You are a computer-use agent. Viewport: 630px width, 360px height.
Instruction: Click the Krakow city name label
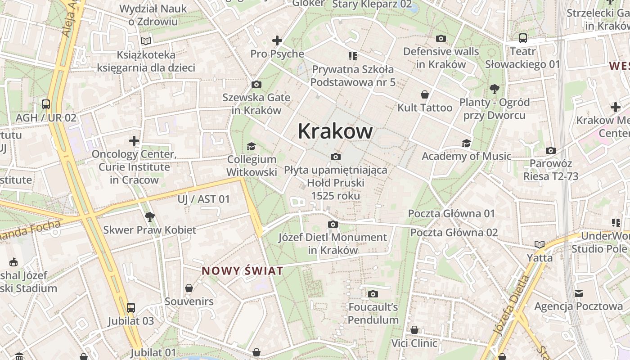[x=335, y=131]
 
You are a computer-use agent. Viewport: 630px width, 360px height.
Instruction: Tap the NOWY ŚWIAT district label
[x=243, y=271]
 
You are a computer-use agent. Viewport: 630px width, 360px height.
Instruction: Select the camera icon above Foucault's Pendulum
[x=373, y=294]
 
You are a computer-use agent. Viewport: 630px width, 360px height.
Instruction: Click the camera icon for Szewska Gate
[x=256, y=85]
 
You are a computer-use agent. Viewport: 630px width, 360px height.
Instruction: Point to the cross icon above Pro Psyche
[x=277, y=40]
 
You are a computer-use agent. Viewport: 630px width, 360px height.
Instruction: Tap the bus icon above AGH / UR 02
[x=46, y=104]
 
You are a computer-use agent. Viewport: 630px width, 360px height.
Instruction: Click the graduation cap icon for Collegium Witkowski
[x=251, y=146]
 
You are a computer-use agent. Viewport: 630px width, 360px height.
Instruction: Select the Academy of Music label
[x=466, y=156]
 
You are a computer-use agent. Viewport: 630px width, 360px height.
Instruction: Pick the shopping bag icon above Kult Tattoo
[x=424, y=94]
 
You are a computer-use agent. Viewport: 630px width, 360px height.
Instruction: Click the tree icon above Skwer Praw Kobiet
[x=150, y=217]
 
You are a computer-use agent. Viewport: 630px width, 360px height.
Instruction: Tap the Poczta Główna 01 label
[x=451, y=214]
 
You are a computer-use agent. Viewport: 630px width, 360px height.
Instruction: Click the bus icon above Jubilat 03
[x=131, y=308]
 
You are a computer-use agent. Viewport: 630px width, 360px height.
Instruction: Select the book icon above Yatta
[x=540, y=245]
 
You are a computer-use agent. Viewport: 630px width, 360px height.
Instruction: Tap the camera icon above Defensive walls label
[x=441, y=39]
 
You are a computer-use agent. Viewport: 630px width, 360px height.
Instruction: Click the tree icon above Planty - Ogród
[x=494, y=89]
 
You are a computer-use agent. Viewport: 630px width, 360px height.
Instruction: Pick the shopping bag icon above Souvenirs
[x=189, y=288]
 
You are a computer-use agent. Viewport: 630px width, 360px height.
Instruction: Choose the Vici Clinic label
[x=414, y=343]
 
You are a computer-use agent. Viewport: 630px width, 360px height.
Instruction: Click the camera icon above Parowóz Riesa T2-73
[x=550, y=151]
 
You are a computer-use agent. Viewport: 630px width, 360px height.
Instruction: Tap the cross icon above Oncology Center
[x=134, y=141]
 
